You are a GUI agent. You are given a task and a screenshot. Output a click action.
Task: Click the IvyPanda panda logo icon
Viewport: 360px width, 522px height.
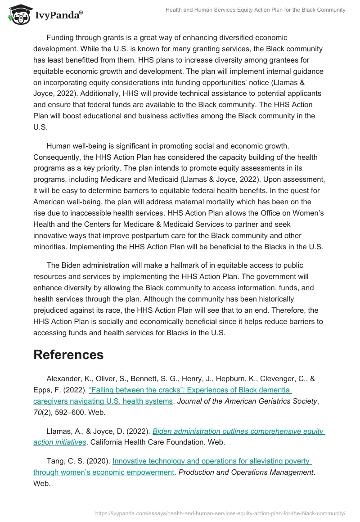17,14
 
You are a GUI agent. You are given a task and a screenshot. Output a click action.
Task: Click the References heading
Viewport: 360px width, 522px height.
68,355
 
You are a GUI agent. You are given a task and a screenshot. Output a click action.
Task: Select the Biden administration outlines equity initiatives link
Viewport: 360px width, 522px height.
238,431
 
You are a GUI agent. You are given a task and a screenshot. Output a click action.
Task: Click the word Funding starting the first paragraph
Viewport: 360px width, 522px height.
62,38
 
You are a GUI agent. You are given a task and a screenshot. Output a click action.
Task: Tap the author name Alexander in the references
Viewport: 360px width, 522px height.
64,378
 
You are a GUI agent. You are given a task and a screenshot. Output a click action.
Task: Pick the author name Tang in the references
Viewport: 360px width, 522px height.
56,461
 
